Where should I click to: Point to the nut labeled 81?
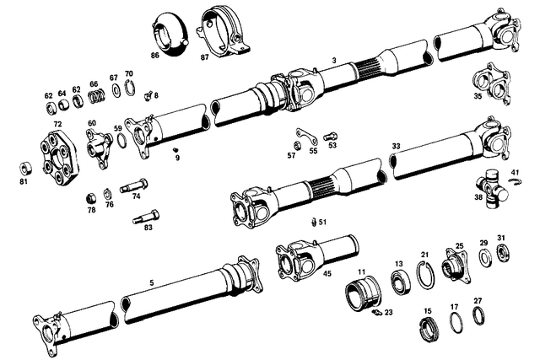23,165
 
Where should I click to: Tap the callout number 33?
397,146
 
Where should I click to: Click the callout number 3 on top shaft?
334,60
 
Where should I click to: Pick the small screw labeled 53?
330,135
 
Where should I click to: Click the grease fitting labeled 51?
314,223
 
